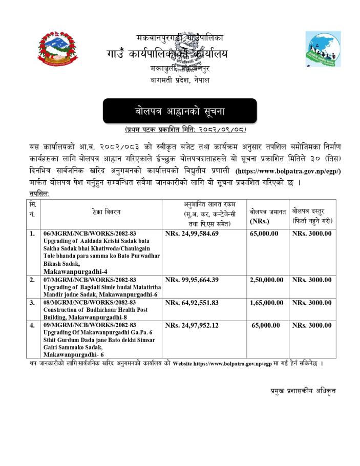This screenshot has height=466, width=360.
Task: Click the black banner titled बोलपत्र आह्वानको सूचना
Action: tap(180, 111)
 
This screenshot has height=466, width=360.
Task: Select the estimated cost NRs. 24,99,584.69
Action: tap(192, 234)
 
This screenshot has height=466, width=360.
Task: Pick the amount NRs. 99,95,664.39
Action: tap(192, 280)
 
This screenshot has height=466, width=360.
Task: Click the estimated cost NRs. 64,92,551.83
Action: tap(192, 303)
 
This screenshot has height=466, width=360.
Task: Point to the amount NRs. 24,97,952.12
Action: tap(192, 325)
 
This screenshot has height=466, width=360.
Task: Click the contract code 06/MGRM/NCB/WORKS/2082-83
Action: tap(90, 234)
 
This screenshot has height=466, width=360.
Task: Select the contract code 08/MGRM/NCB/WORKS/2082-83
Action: tap(90, 303)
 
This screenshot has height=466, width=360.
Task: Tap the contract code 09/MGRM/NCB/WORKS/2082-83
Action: tap(90, 325)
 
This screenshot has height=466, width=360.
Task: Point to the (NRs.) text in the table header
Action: tap(260, 221)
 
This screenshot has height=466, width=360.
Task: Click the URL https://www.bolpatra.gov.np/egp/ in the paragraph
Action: tap(288, 170)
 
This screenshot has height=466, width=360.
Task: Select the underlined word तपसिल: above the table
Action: tap(40, 194)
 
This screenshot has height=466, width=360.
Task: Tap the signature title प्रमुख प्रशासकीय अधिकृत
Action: tap(303, 391)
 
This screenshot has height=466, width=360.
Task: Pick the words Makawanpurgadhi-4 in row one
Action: tap(75, 270)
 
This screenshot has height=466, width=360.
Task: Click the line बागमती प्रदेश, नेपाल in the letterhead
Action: tap(180, 80)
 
